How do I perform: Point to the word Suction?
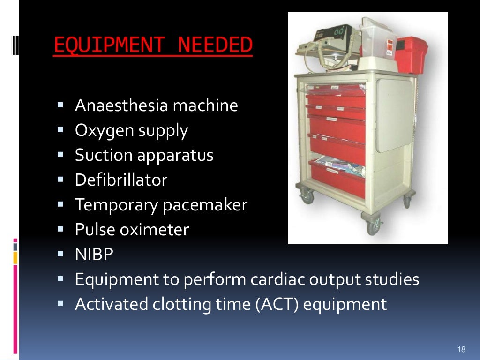coord(104,155)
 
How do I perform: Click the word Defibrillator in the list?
coord(121,180)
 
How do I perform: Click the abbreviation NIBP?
coord(94,255)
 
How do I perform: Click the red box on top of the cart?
coord(410,55)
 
